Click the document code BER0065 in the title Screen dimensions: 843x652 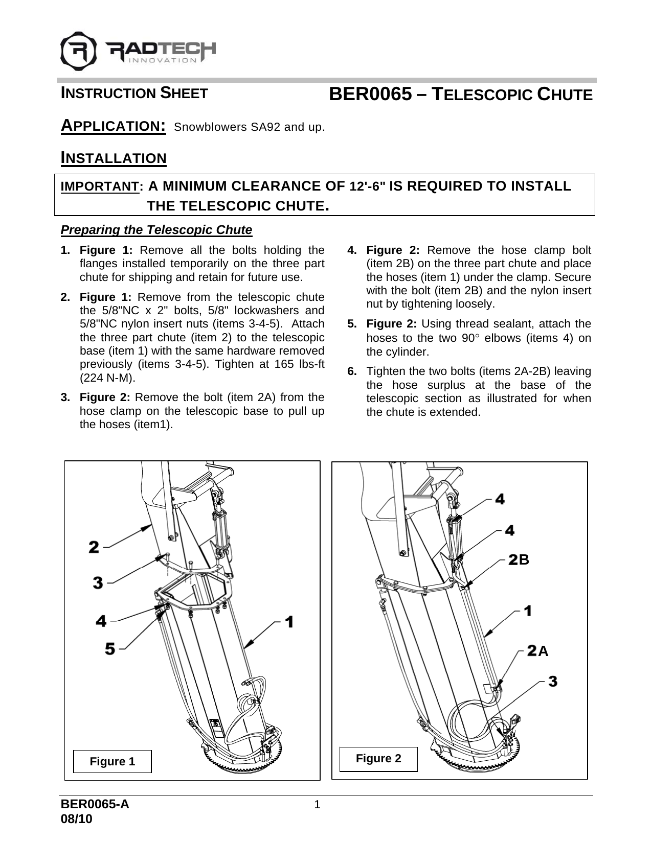pyautogui.click(x=370, y=94)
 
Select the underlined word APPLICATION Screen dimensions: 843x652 pyautogui.click(x=113, y=126)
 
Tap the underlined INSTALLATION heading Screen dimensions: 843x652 pyautogui.click(x=114, y=158)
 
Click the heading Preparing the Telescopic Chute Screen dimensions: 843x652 pyautogui.click(x=156, y=230)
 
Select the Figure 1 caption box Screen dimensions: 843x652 pyautogui.click(x=113, y=761)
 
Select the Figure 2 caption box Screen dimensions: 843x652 pyautogui.click(x=379, y=758)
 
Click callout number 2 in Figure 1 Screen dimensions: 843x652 pyautogui.click(x=94, y=547)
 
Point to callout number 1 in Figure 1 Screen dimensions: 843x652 pyautogui.click(x=289, y=622)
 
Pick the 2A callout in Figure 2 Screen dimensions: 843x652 pyautogui.click(x=537, y=651)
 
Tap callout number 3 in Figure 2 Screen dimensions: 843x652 pyautogui.click(x=553, y=681)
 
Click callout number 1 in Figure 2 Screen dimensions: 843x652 pyautogui.click(x=528, y=611)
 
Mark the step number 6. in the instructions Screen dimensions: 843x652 pyautogui.click(x=352, y=371)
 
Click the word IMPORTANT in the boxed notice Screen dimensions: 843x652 pyautogui.click(x=100, y=187)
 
